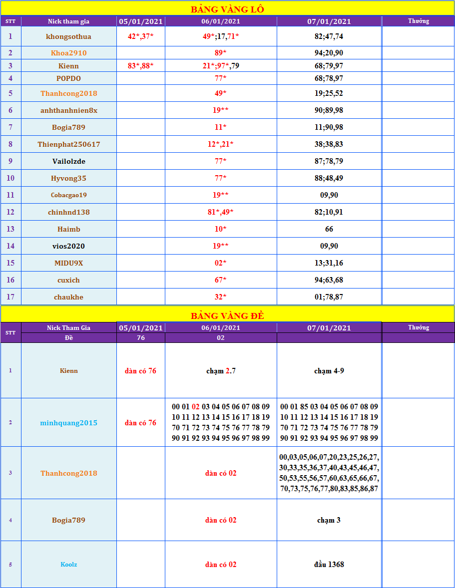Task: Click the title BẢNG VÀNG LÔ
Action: [227, 9]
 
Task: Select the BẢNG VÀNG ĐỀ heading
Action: [227, 315]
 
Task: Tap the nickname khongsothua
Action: [69, 36]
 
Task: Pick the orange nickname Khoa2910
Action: [69, 53]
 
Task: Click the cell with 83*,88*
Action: [140, 65]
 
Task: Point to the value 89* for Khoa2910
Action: [221, 53]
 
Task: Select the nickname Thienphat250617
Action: [69, 144]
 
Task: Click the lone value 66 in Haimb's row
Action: [329, 229]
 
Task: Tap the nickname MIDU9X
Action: [69, 263]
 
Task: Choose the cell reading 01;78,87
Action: [329, 297]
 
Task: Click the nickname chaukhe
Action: [69, 297]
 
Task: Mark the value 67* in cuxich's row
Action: [221, 280]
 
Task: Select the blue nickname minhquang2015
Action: [69, 423]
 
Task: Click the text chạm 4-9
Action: [329, 371]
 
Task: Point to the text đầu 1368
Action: [329, 565]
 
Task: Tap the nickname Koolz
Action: [69, 565]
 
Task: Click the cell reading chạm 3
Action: [329, 520]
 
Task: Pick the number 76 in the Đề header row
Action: [141, 338]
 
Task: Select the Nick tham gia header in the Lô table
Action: [69, 21]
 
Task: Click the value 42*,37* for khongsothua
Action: [140, 36]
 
